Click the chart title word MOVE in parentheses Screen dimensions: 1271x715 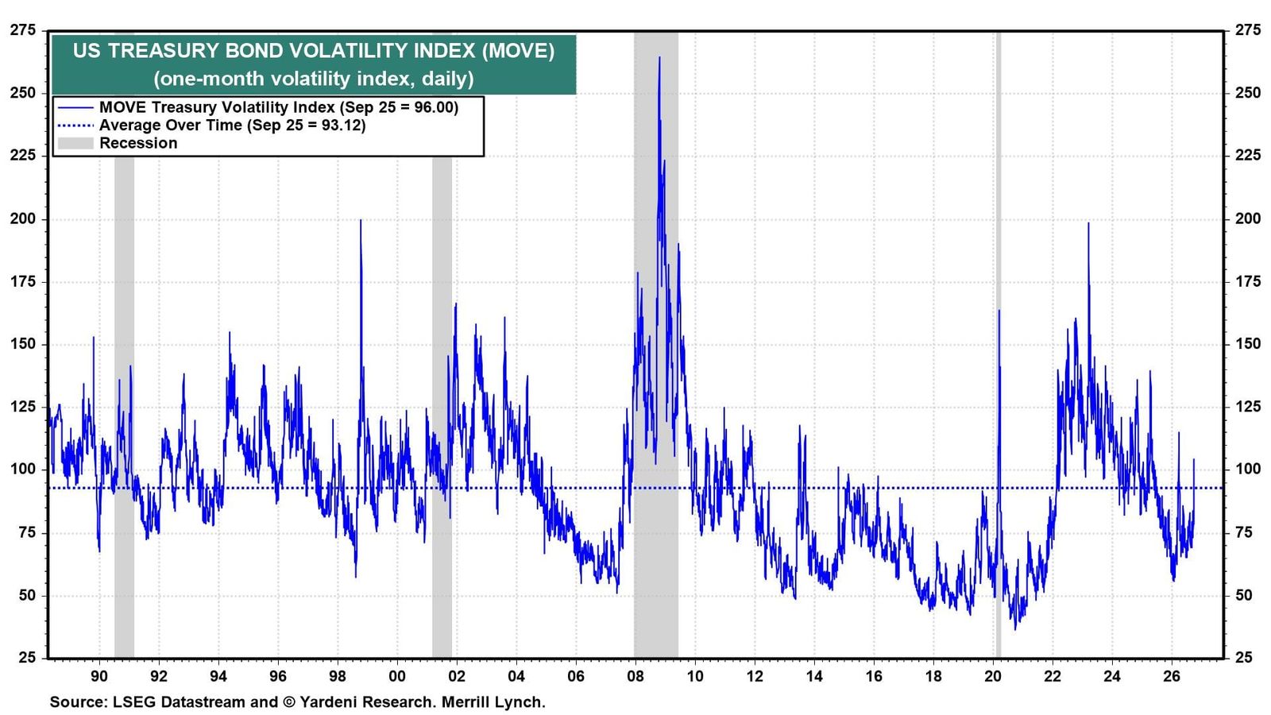pos(518,51)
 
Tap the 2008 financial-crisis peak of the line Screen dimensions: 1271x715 pos(659,56)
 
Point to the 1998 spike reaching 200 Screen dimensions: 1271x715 pos(361,220)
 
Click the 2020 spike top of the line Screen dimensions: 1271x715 pos(999,311)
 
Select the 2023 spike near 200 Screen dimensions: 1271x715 pos(1088,223)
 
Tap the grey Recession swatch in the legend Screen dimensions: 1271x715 pos(75,143)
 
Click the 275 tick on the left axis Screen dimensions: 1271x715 pos(23,30)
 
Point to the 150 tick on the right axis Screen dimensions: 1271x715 pos(1248,344)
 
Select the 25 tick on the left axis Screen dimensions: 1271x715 pos(27,658)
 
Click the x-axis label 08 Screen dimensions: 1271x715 pos(635,676)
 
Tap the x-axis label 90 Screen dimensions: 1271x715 pos(99,676)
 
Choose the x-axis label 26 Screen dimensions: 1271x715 pos(1172,676)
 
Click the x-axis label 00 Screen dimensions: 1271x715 pos(397,676)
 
